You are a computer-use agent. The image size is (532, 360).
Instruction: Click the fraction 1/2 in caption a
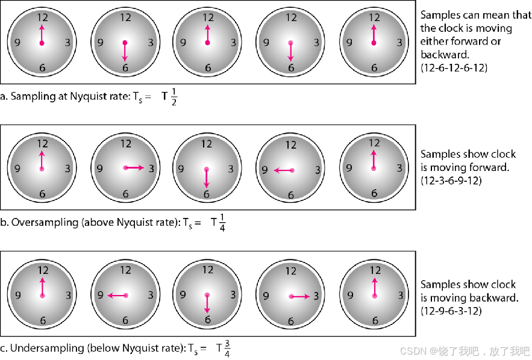point(174,96)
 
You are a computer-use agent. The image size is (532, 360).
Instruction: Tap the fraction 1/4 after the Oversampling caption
point(222,222)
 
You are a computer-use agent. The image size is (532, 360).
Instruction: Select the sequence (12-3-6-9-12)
point(452,180)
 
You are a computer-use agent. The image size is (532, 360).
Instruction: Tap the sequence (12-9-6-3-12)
point(451,311)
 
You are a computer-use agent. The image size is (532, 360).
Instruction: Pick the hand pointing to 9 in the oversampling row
point(283,171)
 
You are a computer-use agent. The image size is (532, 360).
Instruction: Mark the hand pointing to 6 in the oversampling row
point(207,177)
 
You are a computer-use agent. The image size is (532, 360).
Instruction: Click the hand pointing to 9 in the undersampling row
point(117,296)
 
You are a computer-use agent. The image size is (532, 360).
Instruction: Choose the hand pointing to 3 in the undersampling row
point(299,296)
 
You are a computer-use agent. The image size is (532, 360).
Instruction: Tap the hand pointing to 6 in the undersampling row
point(207,302)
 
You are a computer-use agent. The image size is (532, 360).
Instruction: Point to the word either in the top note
point(433,42)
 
